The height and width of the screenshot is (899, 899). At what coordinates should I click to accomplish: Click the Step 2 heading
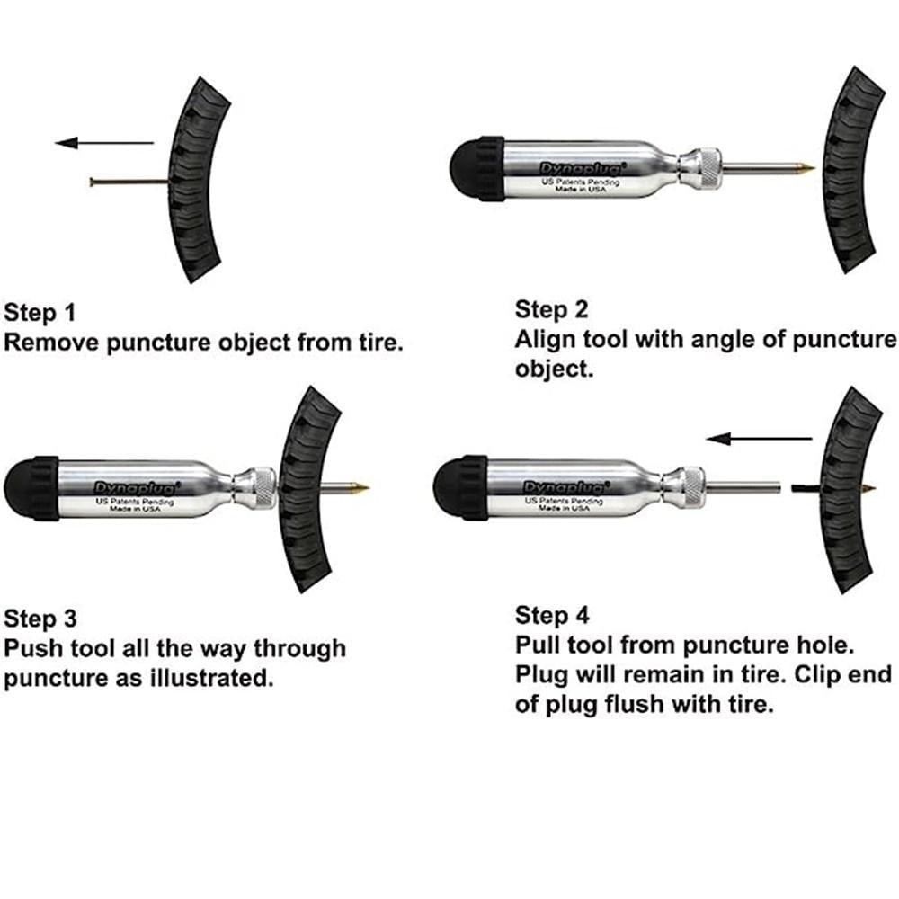[551, 310]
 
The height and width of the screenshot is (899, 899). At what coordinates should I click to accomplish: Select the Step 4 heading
[552, 616]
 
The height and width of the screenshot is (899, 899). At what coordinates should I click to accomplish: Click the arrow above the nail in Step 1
[103, 142]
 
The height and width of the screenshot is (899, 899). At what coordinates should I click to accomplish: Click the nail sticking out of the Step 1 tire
[126, 182]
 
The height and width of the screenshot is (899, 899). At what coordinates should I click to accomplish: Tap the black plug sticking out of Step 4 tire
[802, 487]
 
